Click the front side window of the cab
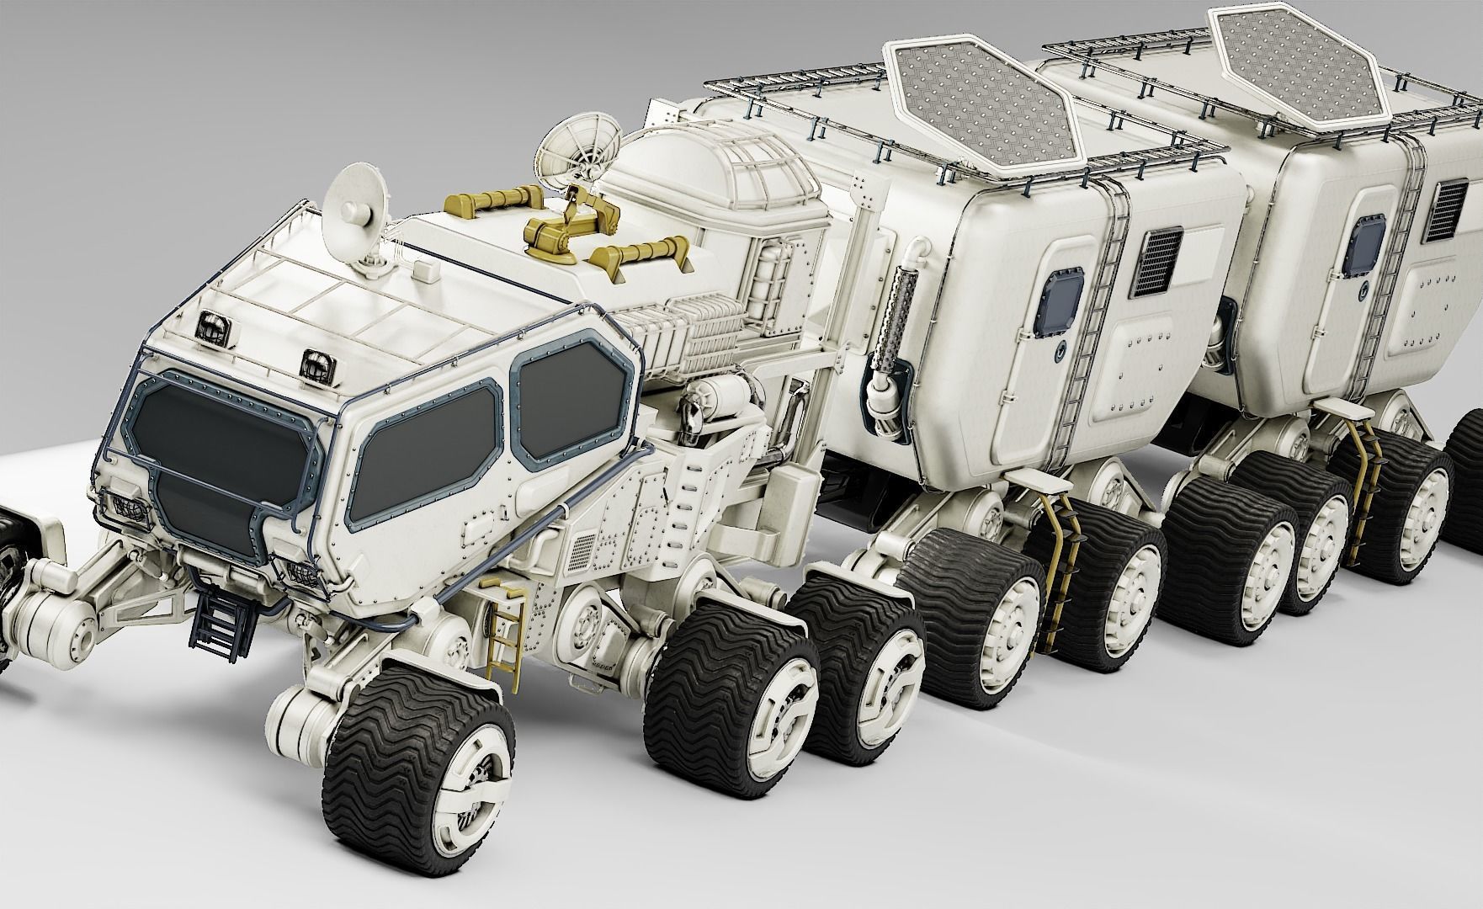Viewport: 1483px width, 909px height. coord(428,460)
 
